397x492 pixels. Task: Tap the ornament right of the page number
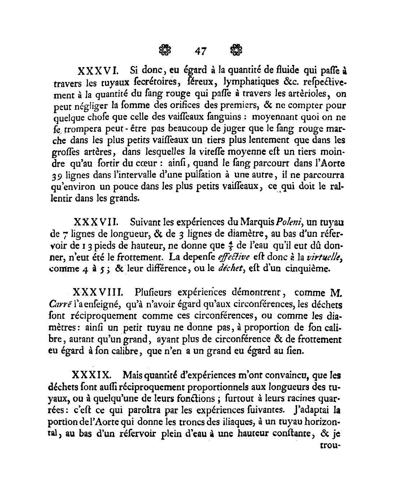pos(236,50)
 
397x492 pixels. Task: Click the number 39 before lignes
pos(58,176)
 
